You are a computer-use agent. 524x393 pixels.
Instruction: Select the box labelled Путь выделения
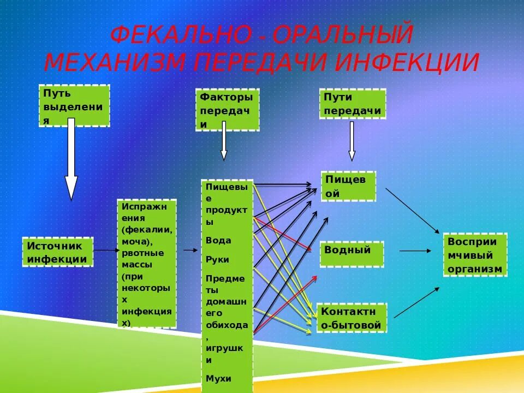click(74, 106)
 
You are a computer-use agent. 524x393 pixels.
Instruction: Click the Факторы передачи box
click(227, 110)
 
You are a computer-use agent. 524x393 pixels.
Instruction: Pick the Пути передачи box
click(352, 104)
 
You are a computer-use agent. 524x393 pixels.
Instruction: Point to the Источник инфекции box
click(57, 252)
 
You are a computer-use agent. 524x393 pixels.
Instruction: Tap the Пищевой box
click(348, 186)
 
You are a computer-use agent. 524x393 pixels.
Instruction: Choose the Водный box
click(352, 254)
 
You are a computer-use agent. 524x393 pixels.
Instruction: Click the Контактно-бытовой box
click(352, 318)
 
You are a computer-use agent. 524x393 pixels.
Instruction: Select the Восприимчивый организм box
click(475, 255)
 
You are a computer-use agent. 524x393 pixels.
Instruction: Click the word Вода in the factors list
click(218, 240)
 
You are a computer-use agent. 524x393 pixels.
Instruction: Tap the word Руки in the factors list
click(218, 259)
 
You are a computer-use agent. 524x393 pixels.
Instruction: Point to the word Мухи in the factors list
click(218, 378)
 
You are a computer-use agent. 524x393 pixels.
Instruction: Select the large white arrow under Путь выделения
click(72, 161)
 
